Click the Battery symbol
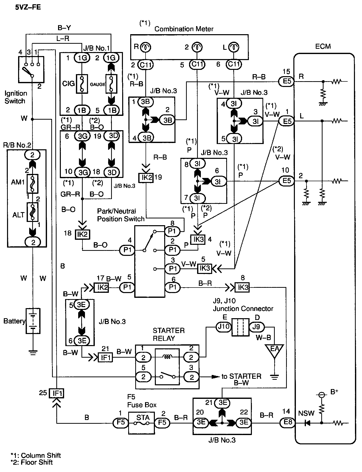click(x=33, y=321)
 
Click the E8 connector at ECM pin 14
click(x=287, y=423)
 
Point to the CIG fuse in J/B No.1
click(x=82, y=84)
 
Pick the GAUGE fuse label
click(x=98, y=84)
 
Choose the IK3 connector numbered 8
click(x=242, y=287)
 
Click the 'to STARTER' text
click(x=241, y=376)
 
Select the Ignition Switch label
click(x=16, y=97)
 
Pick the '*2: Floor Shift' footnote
click(x=32, y=462)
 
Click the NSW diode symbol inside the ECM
click(x=307, y=423)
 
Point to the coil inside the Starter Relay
click(x=167, y=357)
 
